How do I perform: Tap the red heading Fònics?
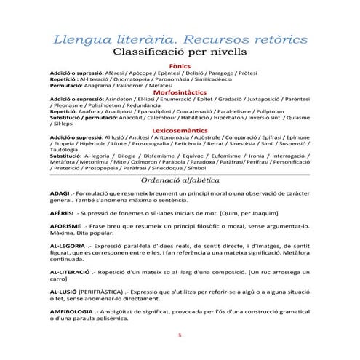click(x=180, y=65)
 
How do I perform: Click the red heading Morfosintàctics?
click(x=180, y=92)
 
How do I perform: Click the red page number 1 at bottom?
click(x=180, y=334)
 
